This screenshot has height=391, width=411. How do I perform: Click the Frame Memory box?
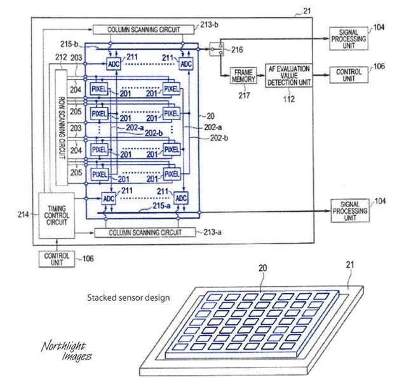[x=244, y=76]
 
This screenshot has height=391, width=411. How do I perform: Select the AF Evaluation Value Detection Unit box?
[x=290, y=76]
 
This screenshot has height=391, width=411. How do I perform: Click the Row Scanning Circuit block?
[x=62, y=128]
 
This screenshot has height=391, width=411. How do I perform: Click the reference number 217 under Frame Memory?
[x=245, y=95]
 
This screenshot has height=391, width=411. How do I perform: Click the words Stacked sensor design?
[x=129, y=297]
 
